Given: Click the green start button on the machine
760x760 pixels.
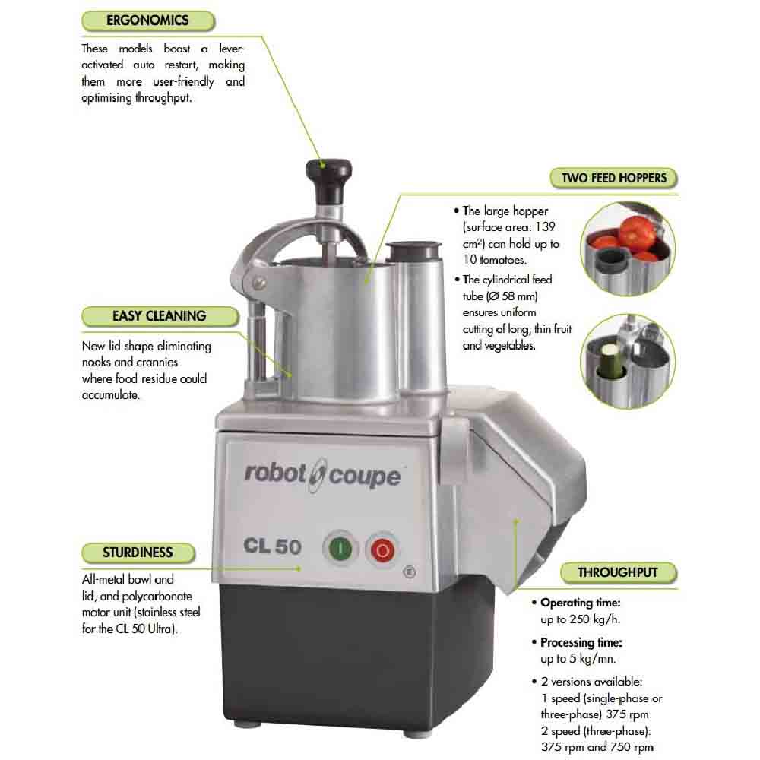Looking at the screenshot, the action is [x=340, y=549].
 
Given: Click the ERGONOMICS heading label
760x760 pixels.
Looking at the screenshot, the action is [x=148, y=21].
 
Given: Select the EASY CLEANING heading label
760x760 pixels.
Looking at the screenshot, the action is [x=160, y=316].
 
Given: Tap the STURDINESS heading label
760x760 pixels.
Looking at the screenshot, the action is [x=138, y=553].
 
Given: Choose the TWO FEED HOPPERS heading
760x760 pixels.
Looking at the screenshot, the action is [x=613, y=179].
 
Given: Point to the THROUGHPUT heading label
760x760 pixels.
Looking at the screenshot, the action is [x=618, y=572].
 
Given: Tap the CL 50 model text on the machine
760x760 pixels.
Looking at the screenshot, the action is [x=272, y=546].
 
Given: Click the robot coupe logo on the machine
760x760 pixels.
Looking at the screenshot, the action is [x=322, y=474].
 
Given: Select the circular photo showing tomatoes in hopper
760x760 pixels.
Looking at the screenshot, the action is [x=628, y=249].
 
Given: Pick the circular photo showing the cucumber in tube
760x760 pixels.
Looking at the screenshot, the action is [x=628, y=361].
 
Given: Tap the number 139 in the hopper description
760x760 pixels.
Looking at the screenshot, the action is [x=545, y=226].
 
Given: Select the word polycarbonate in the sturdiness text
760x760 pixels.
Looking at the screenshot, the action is [x=157, y=597].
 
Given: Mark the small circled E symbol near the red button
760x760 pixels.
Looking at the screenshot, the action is [x=410, y=572].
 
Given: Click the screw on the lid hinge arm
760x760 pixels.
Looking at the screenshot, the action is [x=259, y=283].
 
